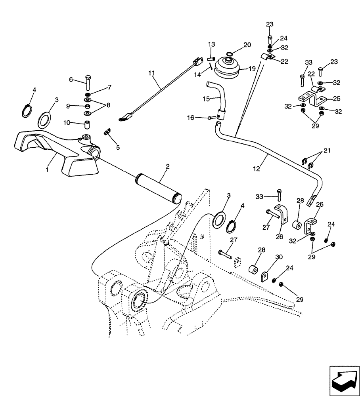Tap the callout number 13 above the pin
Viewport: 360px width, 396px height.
pos(211,44)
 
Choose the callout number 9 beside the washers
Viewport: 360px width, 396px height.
pos(68,106)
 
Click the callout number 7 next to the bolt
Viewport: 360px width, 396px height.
pos(109,87)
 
